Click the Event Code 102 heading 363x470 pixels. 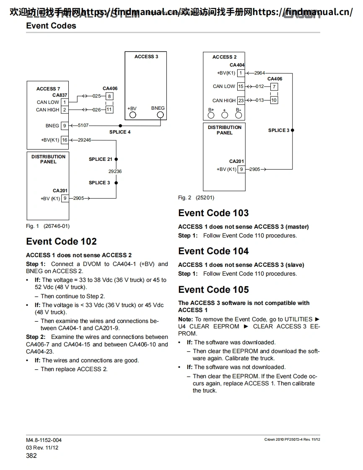pyautogui.click(x=61, y=242)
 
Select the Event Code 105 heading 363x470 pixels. pyautogui.click(x=213, y=290)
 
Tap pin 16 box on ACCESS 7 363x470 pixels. pyautogui.click(x=65, y=140)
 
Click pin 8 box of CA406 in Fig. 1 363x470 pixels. pyautogui.click(x=109, y=96)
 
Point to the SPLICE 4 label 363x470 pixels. pyautogui.click(x=120, y=132)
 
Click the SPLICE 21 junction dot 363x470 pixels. pyautogui.click(x=116, y=159)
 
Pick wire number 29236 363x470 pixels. pyautogui.click(x=115, y=171)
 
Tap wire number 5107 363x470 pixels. pyautogui.click(x=83, y=125)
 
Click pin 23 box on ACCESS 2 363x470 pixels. pyautogui.click(x=241, y=101)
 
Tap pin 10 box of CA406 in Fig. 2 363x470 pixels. pyautogui.click(x=274, y=101)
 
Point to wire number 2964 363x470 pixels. pyautogui.click(x=259, y=73)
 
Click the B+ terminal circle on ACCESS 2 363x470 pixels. pyautogui.click(x=211, y=115)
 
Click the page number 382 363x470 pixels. pyautogui.click(x=31, y=455)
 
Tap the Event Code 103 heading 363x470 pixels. pyautogui.click(x=213, y=213)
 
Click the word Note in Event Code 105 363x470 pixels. pyautogui.click(x=186, y=319)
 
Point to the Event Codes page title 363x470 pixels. pyautogui.click(x=51, y=26)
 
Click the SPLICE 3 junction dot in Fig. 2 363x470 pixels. pyautogui.click(x=292, y=130)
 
